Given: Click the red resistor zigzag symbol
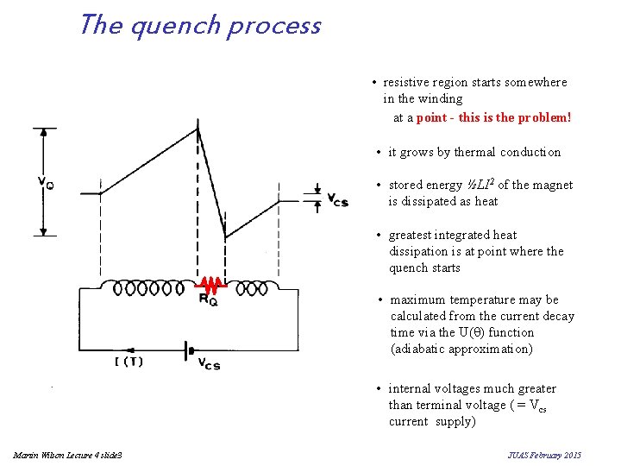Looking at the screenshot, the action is click(x=210, y=284).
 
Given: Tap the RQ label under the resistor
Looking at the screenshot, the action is click(x=208, y=299).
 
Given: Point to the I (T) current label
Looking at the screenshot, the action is click(x=129, y=362).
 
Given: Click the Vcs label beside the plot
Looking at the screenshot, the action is click(x=337, y=200).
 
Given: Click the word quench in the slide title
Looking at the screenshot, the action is click(x=177, y=26).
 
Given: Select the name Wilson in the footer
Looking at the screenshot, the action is click(x=50, y=454).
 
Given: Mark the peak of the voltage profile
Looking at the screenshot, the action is click(x=198, y=129).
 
